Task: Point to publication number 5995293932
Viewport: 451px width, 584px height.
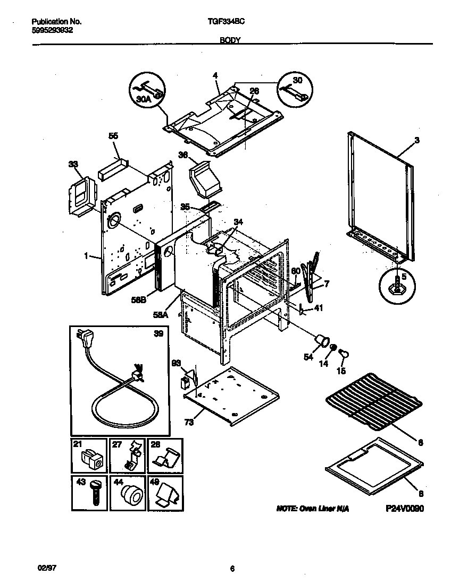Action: (x=53, y=30)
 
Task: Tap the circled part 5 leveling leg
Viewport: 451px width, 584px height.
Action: (x=396, y=284)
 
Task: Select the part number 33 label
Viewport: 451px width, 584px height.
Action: (x=73, y=165)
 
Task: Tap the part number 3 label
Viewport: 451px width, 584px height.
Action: (x=417, y=140)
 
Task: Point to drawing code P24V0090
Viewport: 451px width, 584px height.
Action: (x=405, y=508)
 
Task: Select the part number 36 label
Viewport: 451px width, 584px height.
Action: (x=183, y=155)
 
